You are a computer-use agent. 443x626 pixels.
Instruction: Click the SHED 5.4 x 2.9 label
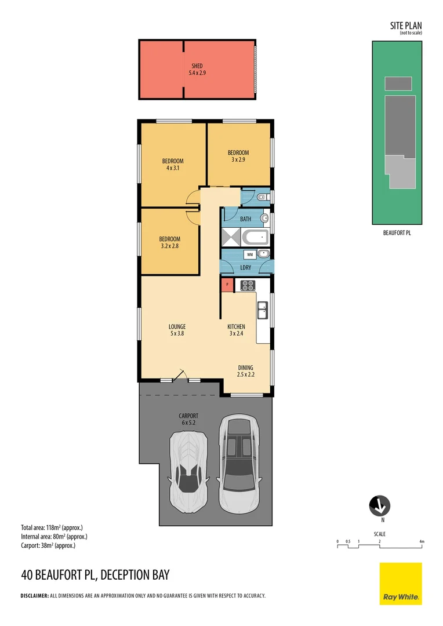tap(197, 70)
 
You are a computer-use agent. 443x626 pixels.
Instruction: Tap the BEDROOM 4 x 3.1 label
tap(172, 165)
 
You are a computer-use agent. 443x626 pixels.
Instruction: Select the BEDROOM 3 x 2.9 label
tap(238, 156)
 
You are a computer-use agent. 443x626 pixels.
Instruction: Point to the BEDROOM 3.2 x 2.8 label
tap(170, 242)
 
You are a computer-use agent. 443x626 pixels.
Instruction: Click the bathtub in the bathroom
tap(255, 236)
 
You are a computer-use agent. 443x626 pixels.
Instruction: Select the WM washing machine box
tap(249, 254)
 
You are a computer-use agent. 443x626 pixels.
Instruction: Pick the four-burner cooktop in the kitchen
tap(248, 285)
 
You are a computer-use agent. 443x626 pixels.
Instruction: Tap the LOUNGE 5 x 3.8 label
tap(177, 330)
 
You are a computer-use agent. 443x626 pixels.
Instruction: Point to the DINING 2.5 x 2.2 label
tap(245, 371)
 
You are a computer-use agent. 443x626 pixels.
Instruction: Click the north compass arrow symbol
tap(380, 506)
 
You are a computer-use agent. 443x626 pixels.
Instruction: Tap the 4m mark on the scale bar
tap(422, 542)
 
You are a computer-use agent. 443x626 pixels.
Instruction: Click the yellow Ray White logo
tap(401, 584)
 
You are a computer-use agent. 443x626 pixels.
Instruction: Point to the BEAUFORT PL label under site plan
tap(397, 233)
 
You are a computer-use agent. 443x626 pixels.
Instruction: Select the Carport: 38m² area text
tap(48, 545)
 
